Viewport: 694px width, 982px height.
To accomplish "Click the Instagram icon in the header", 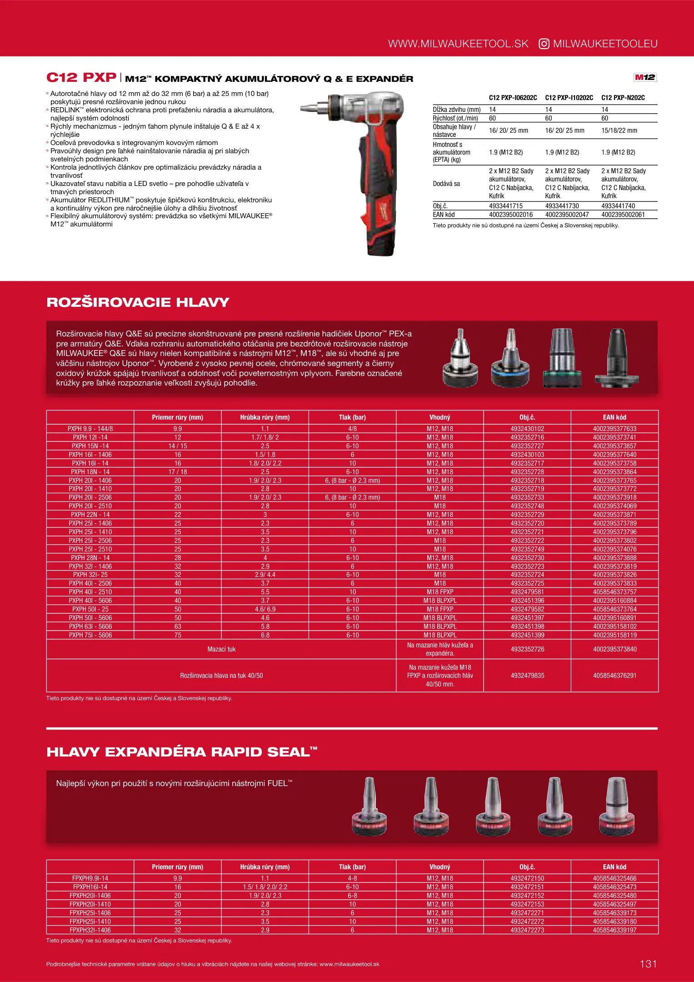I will (544, 44).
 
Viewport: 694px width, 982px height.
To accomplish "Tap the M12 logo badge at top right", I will (645, 77).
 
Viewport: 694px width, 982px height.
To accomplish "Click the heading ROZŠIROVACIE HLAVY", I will (138, 302).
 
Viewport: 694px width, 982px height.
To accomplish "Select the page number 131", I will (648, 963).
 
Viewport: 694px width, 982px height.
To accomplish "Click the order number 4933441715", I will (506, 206).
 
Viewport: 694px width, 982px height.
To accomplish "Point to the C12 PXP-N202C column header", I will (623, 98).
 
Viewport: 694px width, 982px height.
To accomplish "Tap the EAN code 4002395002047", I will (567, 215).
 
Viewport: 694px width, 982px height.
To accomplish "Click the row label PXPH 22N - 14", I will (90, 515).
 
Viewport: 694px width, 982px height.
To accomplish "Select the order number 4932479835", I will (527, 676).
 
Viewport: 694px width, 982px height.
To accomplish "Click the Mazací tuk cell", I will (221, 649).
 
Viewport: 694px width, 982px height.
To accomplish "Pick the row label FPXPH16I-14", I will (90, 887).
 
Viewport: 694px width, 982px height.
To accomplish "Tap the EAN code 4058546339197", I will (614, 930).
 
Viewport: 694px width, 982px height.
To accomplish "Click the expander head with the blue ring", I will (510, 359).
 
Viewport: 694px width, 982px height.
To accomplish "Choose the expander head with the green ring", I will (562, 359).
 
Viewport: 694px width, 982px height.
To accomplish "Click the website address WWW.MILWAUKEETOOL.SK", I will (458, 44).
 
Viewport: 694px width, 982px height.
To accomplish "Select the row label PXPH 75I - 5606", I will (90, 635).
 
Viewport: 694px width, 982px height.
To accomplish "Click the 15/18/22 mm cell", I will (619, 130).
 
